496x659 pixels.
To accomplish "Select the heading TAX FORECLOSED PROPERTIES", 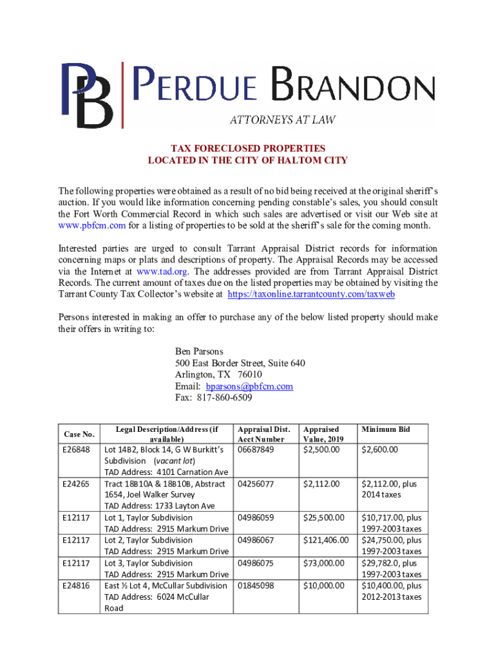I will pos(247,148).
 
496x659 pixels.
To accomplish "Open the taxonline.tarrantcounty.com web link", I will pos(312,294).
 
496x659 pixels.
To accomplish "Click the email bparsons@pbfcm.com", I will pos(249,386).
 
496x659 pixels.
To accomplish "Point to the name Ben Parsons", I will pos(199,351).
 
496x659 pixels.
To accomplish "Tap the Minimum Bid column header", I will pos(385,429).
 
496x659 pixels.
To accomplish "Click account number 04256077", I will pos(255,483).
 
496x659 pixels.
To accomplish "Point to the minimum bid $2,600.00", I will pos(380,449).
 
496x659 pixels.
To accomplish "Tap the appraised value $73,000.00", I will pos(323,563).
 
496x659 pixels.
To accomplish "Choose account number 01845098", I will pos(255,586).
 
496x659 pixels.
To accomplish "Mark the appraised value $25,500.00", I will pos(323,517).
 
